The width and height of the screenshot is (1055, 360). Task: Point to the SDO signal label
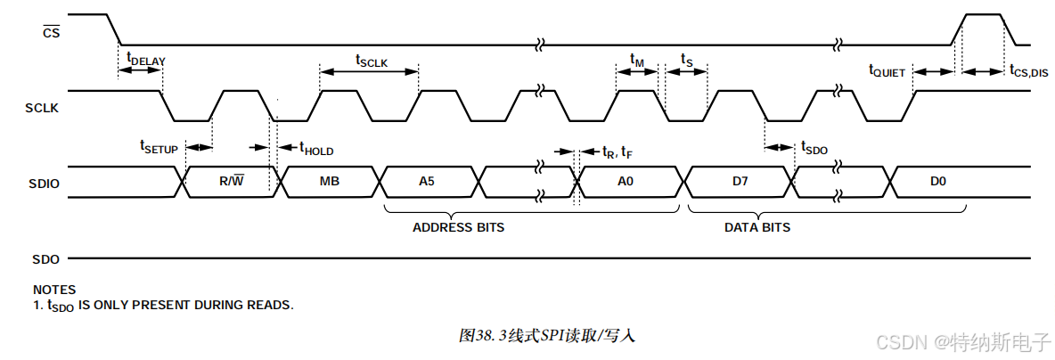coord(45,259)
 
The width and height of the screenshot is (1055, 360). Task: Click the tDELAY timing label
coord(146,61)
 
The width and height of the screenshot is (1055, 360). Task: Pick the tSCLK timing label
coord(372,61)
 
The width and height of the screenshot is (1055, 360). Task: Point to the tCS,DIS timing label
coord(1028,71)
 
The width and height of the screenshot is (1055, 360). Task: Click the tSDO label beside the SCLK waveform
coord(814,148)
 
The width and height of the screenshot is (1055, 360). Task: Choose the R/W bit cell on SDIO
coord(231,182)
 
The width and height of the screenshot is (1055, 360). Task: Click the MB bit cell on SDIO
coord(329,182)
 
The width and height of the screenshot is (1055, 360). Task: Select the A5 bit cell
coord(428,182)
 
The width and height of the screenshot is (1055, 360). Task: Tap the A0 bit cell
coord(626,182)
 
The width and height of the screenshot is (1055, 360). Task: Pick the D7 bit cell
coord(740,182)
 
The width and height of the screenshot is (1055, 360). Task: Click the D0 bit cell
coord(936,182)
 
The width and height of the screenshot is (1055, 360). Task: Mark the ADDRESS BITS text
coord(458,227)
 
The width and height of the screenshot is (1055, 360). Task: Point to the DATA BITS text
coord(756,227)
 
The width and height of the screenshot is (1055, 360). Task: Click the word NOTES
coord(54,290)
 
